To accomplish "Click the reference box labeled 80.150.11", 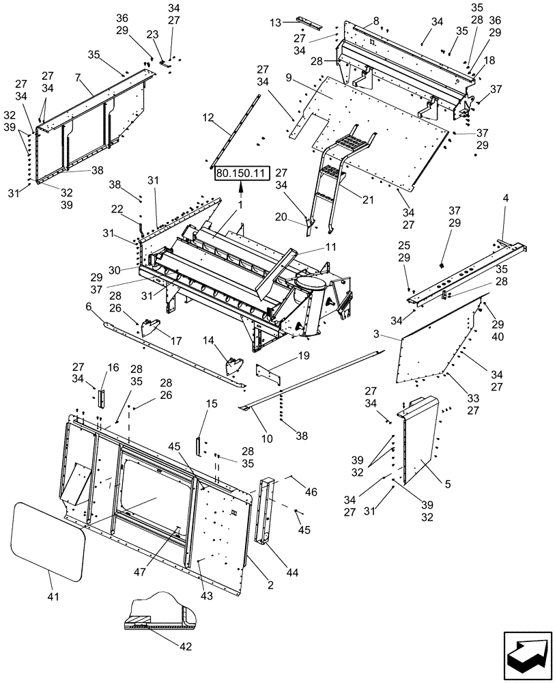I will [x=242, y=174].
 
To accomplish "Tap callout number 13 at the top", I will [x=275, y=23].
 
